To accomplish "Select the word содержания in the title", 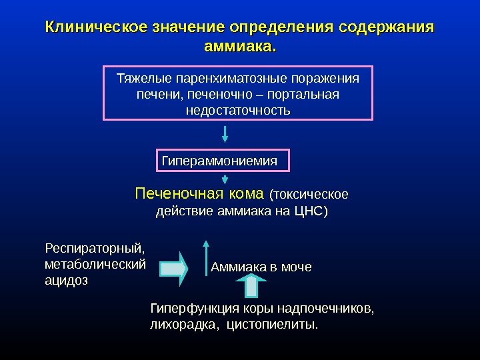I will tap(386, 28).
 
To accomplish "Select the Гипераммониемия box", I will tap(225, 161).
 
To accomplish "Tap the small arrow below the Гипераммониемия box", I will tap(225, 180).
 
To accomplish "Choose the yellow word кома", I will tap(246, 194).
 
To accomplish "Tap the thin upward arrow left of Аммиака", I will tap(206, 257).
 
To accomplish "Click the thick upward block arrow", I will tap(252, 285).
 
